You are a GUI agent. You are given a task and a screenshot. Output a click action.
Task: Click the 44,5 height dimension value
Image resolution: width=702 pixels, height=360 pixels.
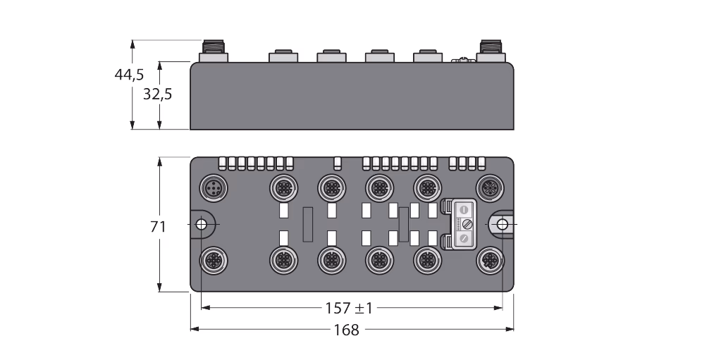[129, 75]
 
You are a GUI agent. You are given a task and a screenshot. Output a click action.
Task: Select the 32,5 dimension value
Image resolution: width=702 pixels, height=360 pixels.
[158, 94]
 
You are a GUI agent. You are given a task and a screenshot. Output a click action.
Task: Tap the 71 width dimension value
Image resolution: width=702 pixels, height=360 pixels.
[158, 227]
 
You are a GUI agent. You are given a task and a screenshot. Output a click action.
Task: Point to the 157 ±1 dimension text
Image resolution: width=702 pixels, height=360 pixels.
[349, 308]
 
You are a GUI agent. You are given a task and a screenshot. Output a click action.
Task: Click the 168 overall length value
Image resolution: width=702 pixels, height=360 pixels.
[347, 330]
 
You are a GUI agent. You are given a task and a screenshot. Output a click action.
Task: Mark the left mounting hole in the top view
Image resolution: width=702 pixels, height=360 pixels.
[201, 224]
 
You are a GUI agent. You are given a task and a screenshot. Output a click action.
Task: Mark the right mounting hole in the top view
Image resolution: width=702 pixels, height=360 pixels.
[503, 224]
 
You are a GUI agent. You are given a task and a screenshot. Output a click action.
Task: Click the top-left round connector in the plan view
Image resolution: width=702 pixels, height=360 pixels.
[214, 188]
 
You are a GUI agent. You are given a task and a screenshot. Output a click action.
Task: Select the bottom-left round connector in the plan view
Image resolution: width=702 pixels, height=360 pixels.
[214, 260]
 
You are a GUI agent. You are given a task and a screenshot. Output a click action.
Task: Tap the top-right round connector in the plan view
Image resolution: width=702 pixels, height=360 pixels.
[491, 188]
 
